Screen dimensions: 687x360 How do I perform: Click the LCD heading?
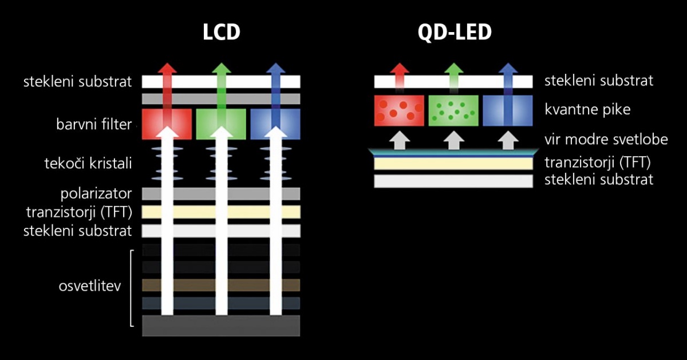[221, 32]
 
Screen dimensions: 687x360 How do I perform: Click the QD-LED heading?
[455, 32]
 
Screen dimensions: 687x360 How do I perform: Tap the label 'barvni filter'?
[94, 124]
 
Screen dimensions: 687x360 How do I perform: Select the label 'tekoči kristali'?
[88, 163]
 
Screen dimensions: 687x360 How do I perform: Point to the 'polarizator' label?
[96, 193]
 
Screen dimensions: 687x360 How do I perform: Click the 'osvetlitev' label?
[90, 286]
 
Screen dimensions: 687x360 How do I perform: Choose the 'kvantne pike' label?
[587, 109]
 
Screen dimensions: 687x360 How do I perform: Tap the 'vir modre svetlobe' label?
[606, 140]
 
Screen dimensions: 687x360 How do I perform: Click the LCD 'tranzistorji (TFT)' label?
[79, 212]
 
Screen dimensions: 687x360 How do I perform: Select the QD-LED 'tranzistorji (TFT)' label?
[598, 163]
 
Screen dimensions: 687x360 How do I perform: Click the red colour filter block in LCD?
[167, 124]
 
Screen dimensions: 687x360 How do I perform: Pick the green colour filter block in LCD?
[221, 124]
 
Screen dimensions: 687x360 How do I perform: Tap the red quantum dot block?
[399, 110]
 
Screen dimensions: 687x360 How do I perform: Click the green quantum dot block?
[453, 110]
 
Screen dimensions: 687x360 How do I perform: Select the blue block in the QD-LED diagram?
[508, 110]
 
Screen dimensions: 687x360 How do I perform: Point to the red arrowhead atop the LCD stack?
[167, 68]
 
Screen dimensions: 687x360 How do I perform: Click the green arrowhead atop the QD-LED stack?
[453, 68]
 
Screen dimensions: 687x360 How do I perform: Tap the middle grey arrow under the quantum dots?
[453, 141]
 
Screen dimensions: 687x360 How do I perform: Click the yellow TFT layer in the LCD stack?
[221, 212]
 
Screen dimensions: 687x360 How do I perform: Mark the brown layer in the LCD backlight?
[221, 285]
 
